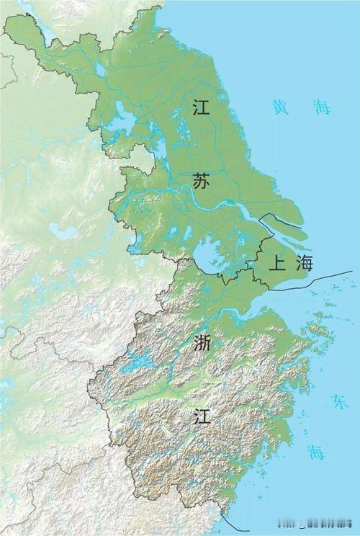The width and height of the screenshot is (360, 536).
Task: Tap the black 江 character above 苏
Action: click(202, 107)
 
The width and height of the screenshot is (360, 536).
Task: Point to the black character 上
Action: click(276, 263)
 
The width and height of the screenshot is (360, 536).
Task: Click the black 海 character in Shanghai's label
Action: click(305, 263)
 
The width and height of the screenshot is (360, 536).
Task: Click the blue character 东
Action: click(339, 402)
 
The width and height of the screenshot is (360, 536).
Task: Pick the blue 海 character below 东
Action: click(315, 452)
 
